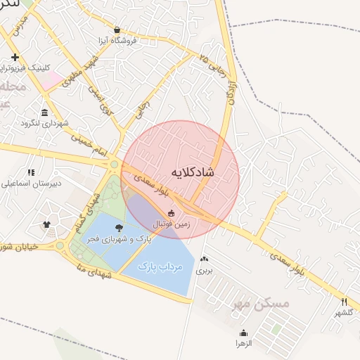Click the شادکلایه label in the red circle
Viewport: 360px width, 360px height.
[x=192, y=172]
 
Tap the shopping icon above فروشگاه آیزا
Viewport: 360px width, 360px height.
[x=117, y=30]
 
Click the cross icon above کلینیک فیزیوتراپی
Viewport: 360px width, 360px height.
[x=15, y=57]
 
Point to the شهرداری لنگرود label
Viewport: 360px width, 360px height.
[x=44, y=124]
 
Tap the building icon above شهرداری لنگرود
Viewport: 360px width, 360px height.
[x=45, y=113]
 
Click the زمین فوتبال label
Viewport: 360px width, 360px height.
[x=172, y=224]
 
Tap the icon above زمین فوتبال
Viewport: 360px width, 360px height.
[x=170, y=214]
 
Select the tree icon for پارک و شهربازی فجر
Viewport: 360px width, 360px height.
[x=118, y=228]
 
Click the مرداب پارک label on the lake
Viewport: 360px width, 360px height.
[x=160, y=267]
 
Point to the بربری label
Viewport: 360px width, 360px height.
[x=203, y=269]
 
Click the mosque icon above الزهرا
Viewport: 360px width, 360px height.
[x=244, y=333]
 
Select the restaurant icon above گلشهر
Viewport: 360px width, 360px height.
[x=344, y=302]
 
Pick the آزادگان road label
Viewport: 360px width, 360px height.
[x=229, y=92]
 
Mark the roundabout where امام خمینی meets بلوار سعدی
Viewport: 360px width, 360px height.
[x=113, y=165]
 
